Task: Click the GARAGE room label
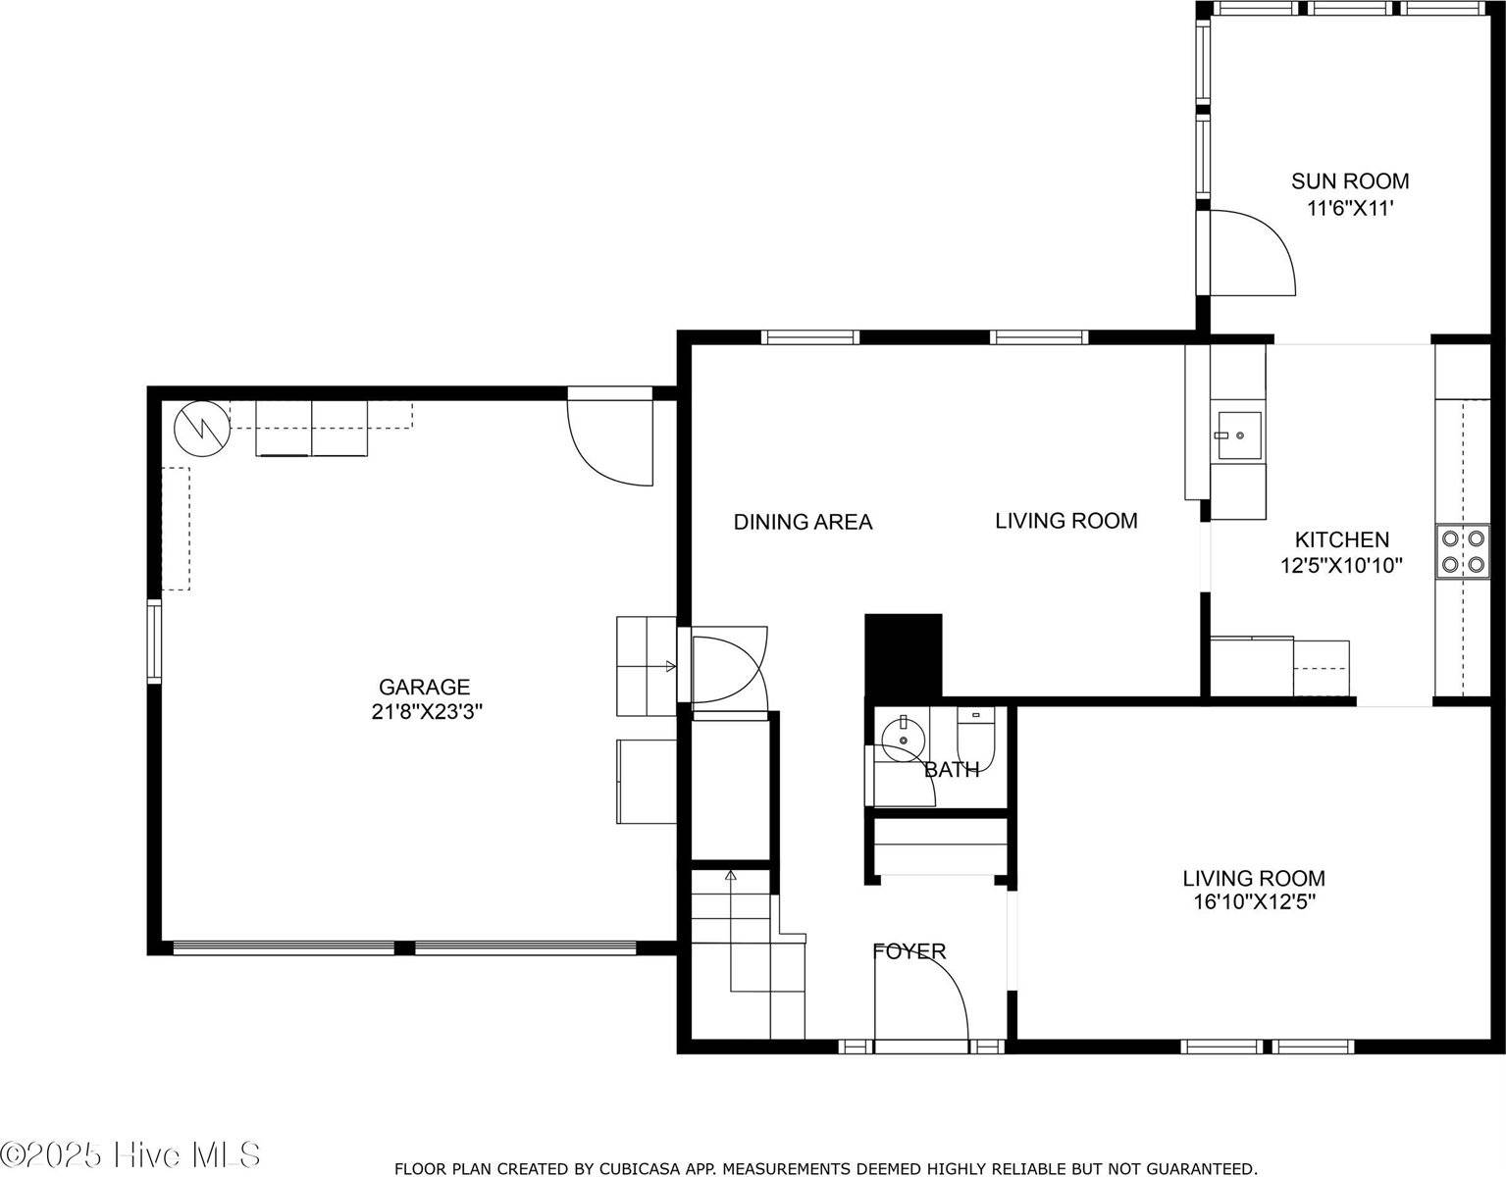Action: (424, 687)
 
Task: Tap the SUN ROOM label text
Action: (1350, 181)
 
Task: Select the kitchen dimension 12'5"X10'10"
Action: (1341, 565)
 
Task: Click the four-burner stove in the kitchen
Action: (1462, 551)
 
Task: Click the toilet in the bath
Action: (976, 736)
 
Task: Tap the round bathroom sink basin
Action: (902, 740)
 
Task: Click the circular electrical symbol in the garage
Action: (202, 428)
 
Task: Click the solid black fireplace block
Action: (903, 654)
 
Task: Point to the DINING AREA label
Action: (803, 522)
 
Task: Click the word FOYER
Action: (909, 951)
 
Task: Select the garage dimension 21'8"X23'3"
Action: (426, 711)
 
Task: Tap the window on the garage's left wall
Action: (154, 641)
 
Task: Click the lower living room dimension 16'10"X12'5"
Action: (1255, 902)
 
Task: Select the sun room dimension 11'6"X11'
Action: (1350, 208)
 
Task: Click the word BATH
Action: (952, 769)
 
